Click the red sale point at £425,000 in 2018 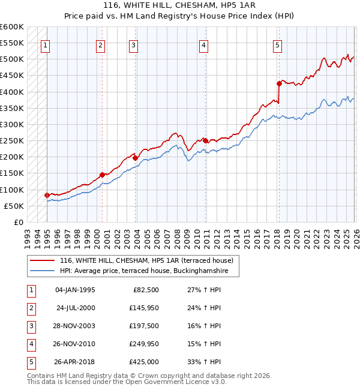279,83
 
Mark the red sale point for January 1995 47,195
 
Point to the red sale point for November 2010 205,140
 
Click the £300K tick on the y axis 13,124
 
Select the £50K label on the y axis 14,206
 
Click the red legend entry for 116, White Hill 149,260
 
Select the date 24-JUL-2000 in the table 76,308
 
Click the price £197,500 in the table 145,326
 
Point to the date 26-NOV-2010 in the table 76,344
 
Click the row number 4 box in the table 30,344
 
